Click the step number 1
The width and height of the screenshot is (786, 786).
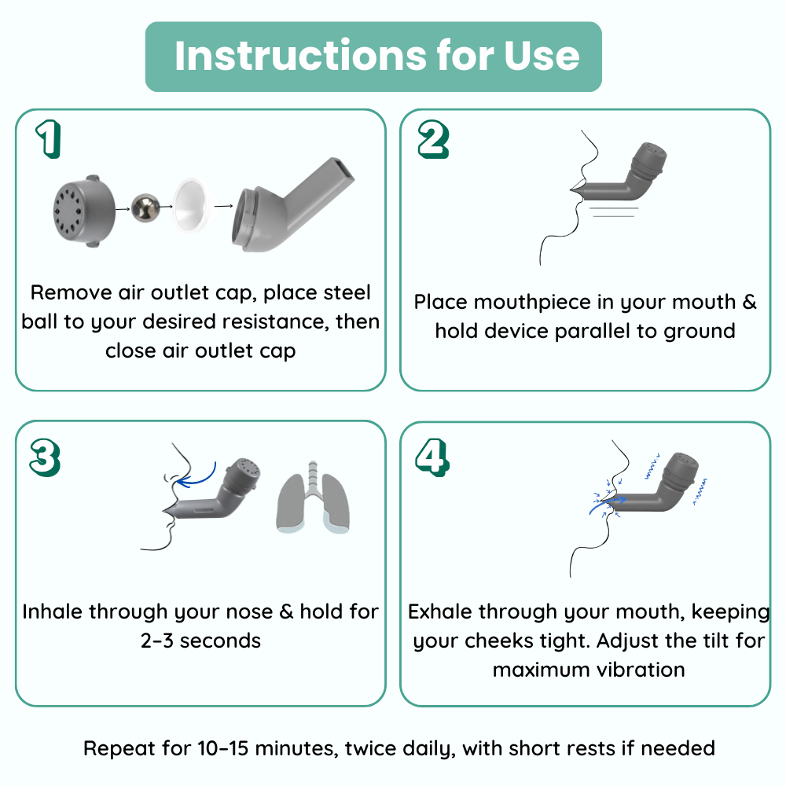click(50, 139)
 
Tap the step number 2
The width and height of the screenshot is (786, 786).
click(433, 140)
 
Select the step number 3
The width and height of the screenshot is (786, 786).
click(45, 457)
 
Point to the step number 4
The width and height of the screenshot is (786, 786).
click(432, 457)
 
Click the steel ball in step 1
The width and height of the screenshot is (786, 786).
click(145, 208)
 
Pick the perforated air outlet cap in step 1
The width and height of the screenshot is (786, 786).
click(84, 211)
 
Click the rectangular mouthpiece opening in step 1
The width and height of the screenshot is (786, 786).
click(344, 171)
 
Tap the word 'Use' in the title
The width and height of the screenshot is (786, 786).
click(542, 55)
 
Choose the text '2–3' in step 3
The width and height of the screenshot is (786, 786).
click(157, 641)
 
